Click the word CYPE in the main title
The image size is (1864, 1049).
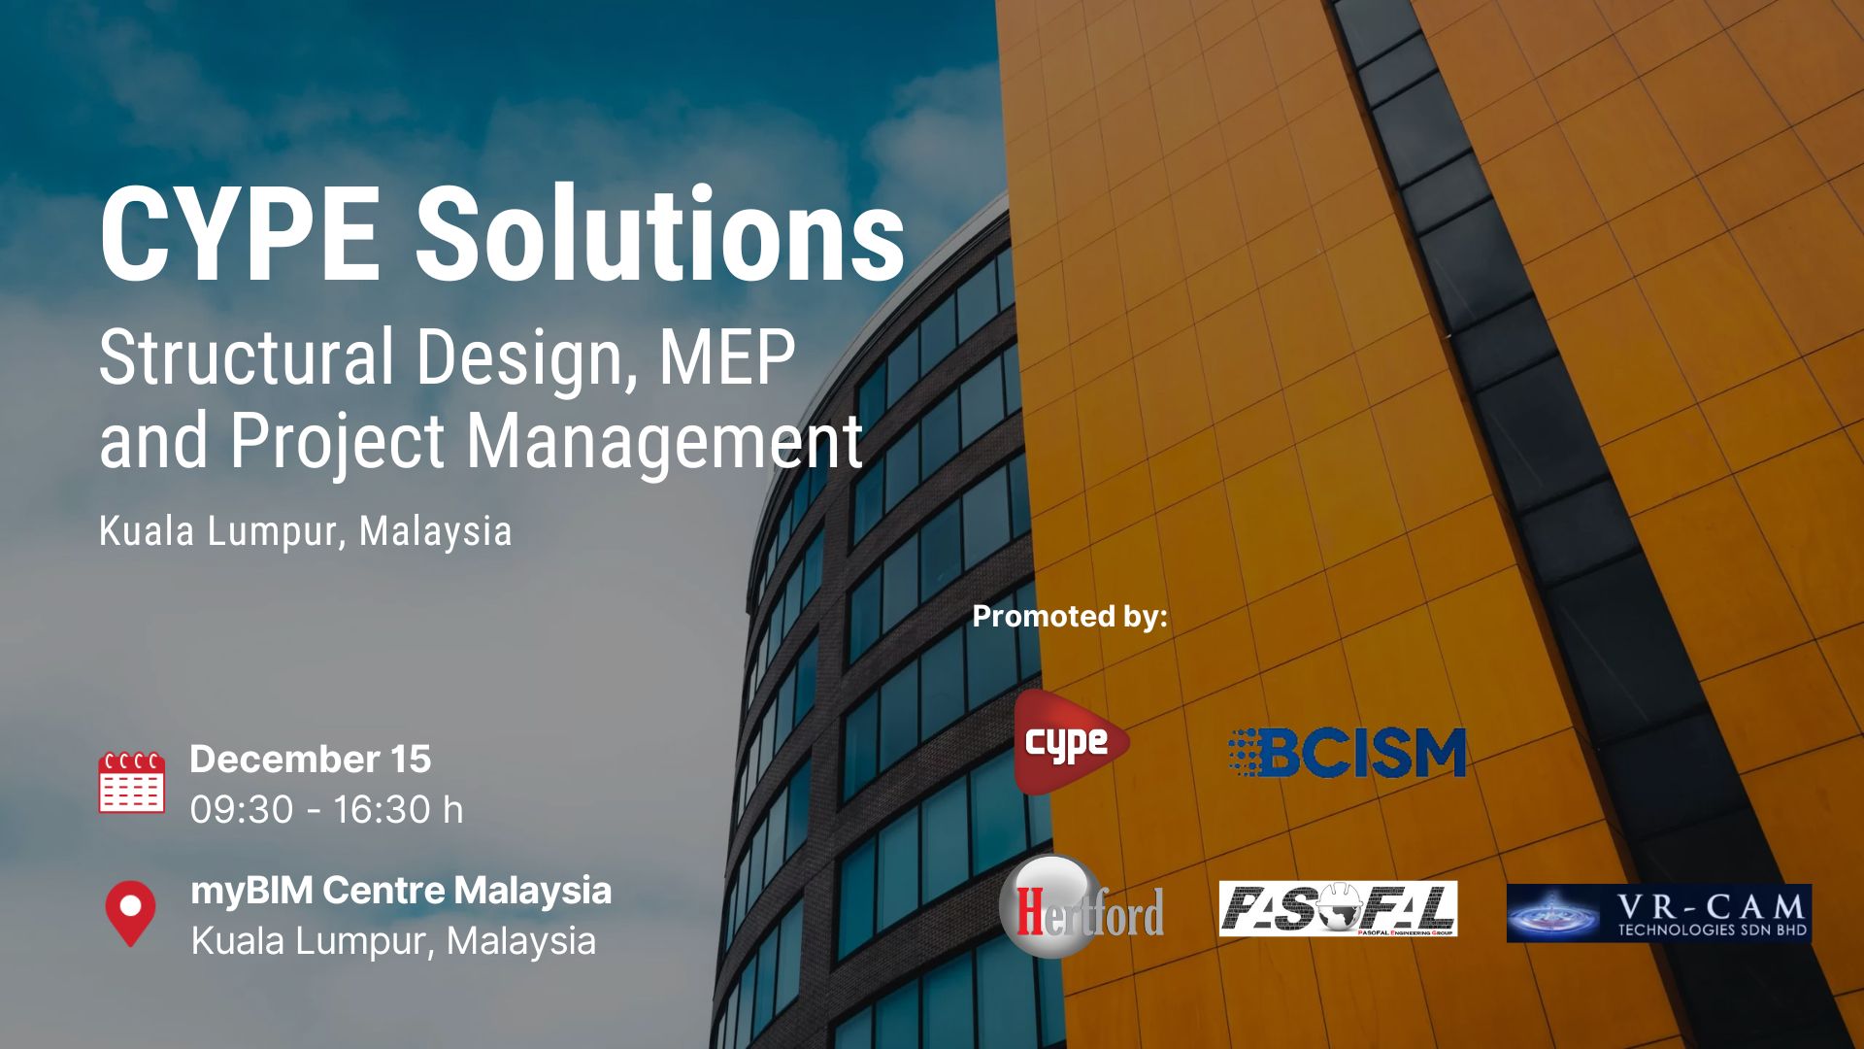pos(239,234)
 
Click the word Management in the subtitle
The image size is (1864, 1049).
pos(665,442)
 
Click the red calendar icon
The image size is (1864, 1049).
pos(131,782)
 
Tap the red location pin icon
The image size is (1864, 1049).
pos(130,913)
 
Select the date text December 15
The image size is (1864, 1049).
pos(311,759)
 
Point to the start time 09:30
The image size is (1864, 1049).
pos(242,809)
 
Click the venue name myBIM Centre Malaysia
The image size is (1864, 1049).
pos(401,891)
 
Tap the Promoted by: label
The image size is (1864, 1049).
pos(1070,616)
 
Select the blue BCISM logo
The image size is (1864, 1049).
pos(1347,753)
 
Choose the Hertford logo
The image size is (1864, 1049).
pos(1082,907)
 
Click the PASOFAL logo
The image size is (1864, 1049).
pos(1338,908)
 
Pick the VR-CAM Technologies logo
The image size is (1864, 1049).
pos(1659,913)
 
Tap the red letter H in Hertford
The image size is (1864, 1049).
pos(1030,910)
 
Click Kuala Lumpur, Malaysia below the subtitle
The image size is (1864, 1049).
pos(306,532)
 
